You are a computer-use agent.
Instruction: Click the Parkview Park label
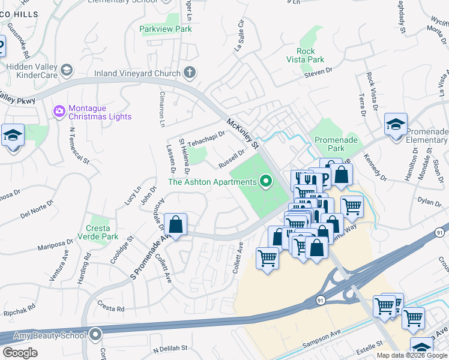tap(165, 29)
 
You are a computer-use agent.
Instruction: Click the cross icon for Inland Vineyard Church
tap(190, 73)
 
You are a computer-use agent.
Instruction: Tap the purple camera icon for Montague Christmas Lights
tap(59, 110)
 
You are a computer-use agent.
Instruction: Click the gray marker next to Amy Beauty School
tap(95, 335)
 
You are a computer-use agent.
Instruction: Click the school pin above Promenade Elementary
tap(396, 125)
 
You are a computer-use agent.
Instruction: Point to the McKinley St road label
tap(242, 134)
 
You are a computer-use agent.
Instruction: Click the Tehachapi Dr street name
tap(205, 140)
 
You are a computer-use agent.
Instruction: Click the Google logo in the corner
tap(20, 353)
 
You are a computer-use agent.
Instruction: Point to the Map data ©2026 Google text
tap(411, 355)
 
